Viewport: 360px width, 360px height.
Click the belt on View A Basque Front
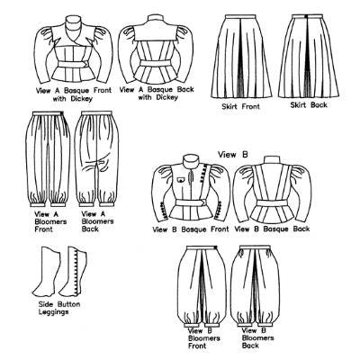[73, 65]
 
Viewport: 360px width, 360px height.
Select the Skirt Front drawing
[241, 56]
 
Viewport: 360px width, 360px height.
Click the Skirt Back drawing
[309, 56]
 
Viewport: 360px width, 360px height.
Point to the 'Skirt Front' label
[240, 106]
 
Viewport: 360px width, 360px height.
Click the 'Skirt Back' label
[309, 105]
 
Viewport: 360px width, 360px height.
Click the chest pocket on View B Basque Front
[180, 180]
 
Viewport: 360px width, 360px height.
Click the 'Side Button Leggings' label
[59, 308]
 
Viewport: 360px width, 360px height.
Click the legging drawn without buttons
[47, 272]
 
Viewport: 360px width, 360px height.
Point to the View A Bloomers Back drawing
[96, 158]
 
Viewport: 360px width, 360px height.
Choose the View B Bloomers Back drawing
[255, 286]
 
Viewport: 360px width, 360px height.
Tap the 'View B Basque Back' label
[272, 229]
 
